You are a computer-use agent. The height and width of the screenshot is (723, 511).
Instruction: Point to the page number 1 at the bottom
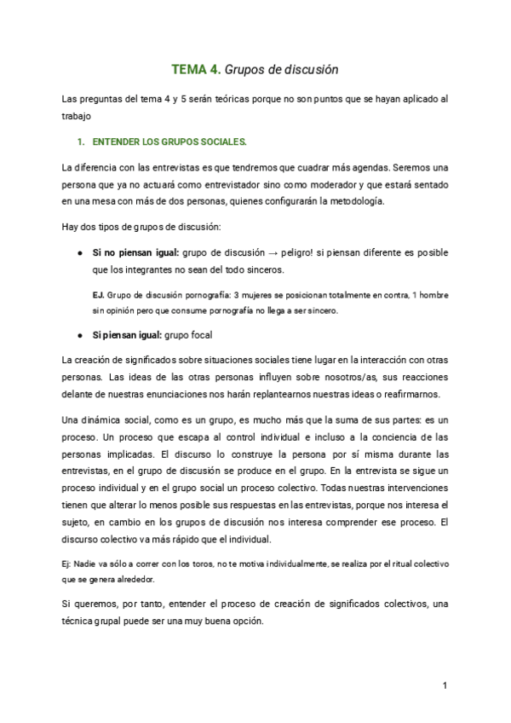445,685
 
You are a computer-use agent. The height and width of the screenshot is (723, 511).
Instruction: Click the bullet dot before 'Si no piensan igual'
79,252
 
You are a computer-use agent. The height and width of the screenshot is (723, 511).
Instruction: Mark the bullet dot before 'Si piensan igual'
79,333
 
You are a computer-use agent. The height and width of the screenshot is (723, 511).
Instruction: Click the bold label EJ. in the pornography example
98,295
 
